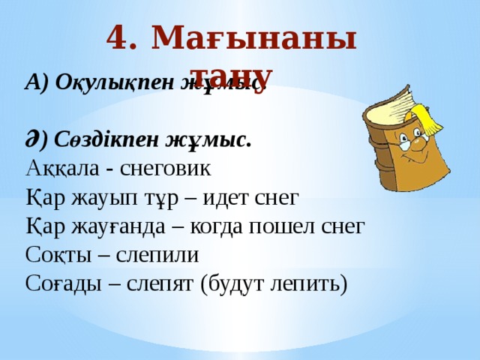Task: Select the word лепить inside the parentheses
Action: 308,285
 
